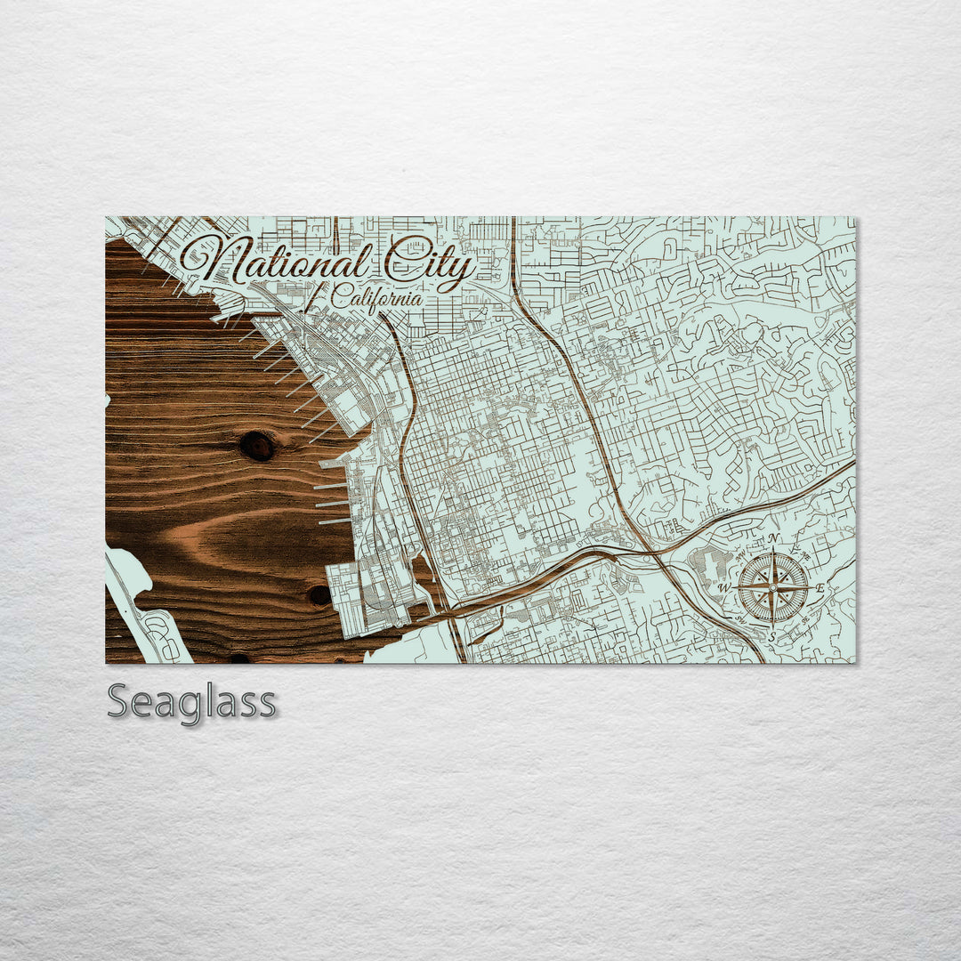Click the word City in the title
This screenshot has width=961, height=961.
tap(429, 264)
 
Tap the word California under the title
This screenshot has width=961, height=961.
tap(376, 296)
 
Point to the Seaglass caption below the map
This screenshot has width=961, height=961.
tap(191, 703)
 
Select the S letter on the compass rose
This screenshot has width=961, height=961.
tap(772, 635)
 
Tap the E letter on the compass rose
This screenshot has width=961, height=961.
tap(820, 588)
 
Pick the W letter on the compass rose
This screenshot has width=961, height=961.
tap(725, 588)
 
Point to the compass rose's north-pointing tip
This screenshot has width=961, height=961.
tap(773, 553)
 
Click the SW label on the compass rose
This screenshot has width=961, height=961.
tap(741, 621)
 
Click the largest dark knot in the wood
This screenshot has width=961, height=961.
tap(258, 446)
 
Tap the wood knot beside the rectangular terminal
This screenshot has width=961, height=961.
tap(319, 594)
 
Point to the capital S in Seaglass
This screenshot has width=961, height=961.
tap(119, 702)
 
